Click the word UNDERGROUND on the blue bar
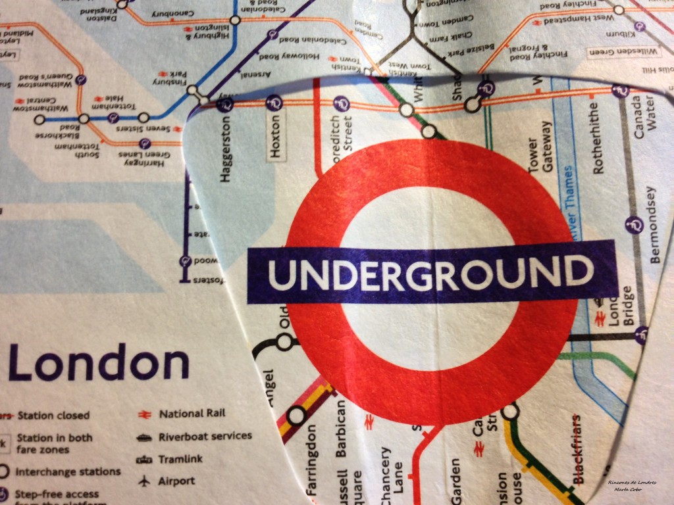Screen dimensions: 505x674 (x=431, y=274)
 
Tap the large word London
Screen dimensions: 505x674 (x=99, y=364)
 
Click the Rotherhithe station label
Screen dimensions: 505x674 (x=598, y=138)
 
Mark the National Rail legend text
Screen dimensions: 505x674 (x=191, y=414)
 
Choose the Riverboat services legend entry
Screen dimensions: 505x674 (x=205, y=436)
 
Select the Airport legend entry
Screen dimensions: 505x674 (x=176, y=481)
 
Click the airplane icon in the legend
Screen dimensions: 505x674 (x=143, y=481)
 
